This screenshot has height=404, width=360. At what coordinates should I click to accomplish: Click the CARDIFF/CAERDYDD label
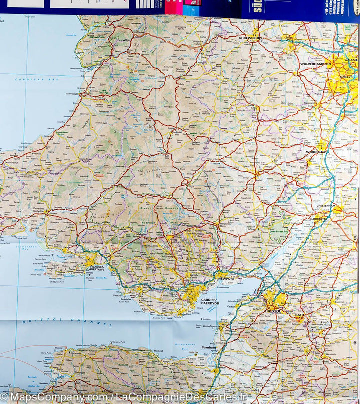[210, 301]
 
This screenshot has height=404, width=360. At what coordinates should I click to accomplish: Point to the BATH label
[299, 315]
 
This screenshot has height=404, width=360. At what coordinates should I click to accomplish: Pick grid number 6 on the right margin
[355, 342]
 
